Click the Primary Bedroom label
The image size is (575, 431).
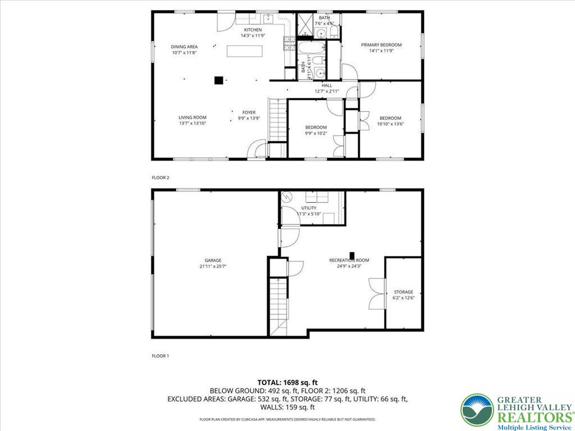[x=381, y=45]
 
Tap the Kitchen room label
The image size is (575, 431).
[x=252, y=30]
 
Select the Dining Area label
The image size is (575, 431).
[x=184, y=47]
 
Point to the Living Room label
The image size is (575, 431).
[x=193, y=118]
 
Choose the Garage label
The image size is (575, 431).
[x=213, y=260]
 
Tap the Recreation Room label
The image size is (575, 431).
[x=349, y=260]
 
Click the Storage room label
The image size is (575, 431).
[x=403, y=292]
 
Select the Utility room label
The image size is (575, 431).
[x=308, y=208]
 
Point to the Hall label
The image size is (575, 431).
[x=327, y=85]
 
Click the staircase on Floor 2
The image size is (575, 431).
[x=277, y=120]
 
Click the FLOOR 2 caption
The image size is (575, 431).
[x=160, y=177]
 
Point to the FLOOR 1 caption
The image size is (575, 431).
[x=160, y=356]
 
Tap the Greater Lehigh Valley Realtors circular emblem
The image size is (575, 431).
[x=477, y=410]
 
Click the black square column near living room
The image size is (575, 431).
[x=218, y=80]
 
